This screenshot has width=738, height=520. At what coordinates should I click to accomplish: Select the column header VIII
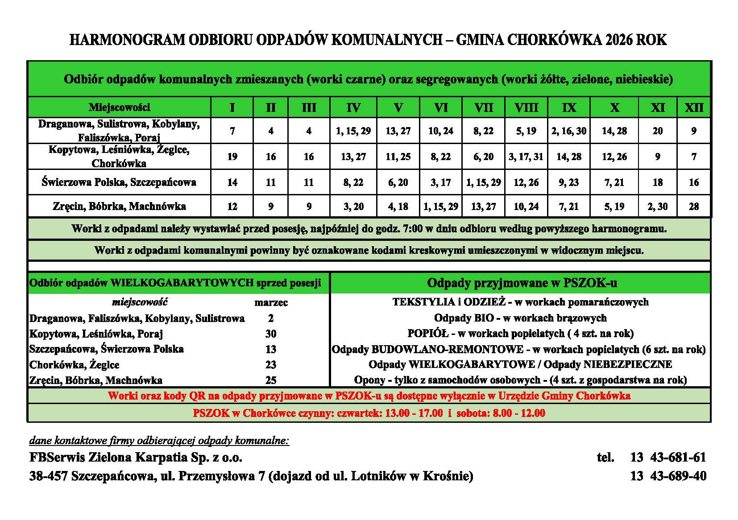click(526, 107)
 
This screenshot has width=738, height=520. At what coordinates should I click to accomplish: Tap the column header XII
click(693, 107)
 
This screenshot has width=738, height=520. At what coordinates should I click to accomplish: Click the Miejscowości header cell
click(119, 107)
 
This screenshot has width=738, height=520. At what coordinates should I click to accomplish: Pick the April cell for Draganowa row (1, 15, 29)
click(353, 131)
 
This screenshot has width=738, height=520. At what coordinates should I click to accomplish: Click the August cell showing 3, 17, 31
click(526, 157)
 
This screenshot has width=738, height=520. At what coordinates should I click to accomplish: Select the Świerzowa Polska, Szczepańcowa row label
click(119, 182)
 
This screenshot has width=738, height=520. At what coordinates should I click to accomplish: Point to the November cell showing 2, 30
click(658, 206)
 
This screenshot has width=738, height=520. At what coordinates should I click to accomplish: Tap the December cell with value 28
click(693, 206)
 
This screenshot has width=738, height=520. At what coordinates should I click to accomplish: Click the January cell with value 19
click(232, 157)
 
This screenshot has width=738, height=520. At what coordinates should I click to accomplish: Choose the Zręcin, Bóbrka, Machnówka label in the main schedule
click(119, 206)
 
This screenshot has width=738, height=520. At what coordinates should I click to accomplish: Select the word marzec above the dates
click(271, 303)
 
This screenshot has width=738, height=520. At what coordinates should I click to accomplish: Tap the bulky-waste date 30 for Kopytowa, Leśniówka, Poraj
click(271, 334)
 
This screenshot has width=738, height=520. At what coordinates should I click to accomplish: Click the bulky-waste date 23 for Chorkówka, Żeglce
click(271, 365)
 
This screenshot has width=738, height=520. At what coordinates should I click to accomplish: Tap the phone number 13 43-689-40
click(668, 476)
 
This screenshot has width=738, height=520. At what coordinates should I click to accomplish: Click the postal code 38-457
click(48, 476)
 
